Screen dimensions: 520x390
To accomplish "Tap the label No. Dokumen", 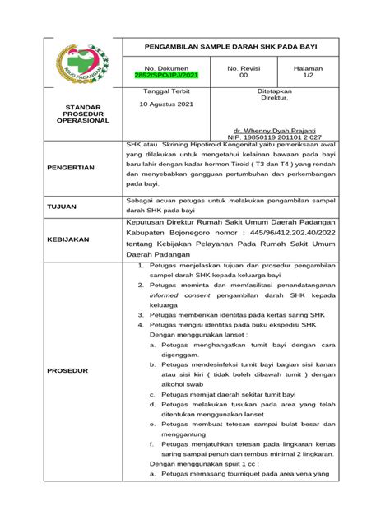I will tap(166, 67).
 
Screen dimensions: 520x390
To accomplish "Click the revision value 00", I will tap(243, 75).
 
